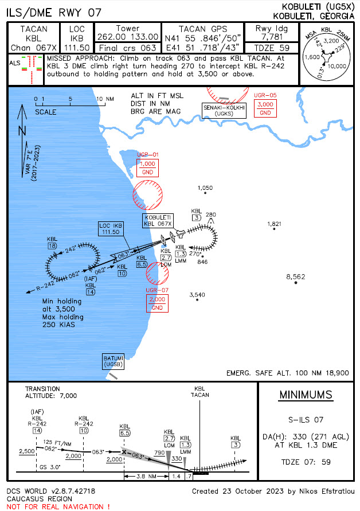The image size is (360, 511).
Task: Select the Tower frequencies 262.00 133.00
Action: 128,37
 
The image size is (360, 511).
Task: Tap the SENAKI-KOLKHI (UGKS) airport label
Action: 223,111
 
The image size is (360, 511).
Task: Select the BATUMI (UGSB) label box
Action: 113,361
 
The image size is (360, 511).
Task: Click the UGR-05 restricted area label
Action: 265,95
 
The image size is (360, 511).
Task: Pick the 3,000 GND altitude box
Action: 265,108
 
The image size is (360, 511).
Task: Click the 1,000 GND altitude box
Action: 147,168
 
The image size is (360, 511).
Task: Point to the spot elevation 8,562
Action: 296,276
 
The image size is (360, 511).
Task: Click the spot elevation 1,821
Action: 275,223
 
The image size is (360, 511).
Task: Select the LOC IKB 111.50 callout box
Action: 111,229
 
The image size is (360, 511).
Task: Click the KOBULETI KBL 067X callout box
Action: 159,220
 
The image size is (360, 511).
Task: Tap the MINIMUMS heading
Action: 304,396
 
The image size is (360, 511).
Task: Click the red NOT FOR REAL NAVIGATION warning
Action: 58,506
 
